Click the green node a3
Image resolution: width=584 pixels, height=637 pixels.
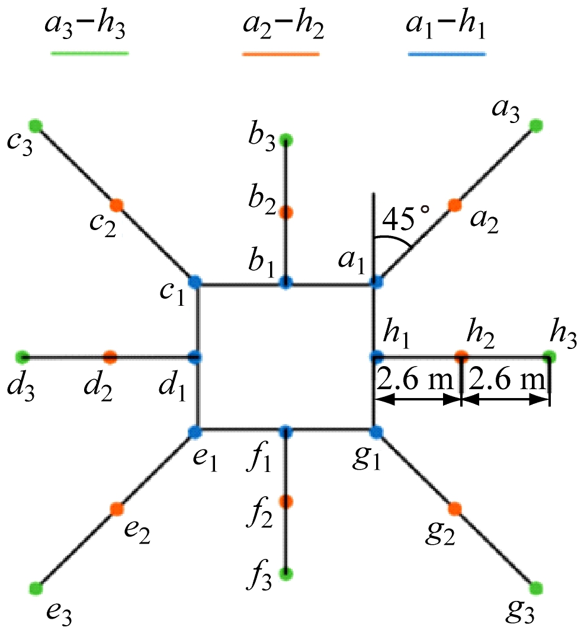coord(536,125)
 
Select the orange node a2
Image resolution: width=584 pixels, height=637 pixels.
coord(455,205)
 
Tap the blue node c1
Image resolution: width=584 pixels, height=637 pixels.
coord(195,282)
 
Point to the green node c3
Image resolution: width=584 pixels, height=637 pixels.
coord(36,126)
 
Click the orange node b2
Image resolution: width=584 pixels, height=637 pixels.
coord(286,212)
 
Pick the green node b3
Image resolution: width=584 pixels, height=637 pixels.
coord(286,140)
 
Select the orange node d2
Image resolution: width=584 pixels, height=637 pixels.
coord(110,357)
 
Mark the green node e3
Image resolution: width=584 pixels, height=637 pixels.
coord(36,588)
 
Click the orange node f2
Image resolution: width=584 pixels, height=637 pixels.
coord(286,502)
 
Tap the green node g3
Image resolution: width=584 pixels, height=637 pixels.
coord(536,588)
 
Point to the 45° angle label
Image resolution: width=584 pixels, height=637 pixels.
coord(406,218)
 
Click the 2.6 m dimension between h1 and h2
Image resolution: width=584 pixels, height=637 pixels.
coord(415,380)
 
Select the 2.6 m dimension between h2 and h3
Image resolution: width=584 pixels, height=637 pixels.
coord(506,380)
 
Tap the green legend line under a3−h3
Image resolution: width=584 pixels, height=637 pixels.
coord(89,53)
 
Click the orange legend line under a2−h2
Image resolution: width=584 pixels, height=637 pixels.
coord(281,53)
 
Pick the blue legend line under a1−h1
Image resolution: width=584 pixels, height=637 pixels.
coord(447,53)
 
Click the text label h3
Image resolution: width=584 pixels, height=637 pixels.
coord(563,335)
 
